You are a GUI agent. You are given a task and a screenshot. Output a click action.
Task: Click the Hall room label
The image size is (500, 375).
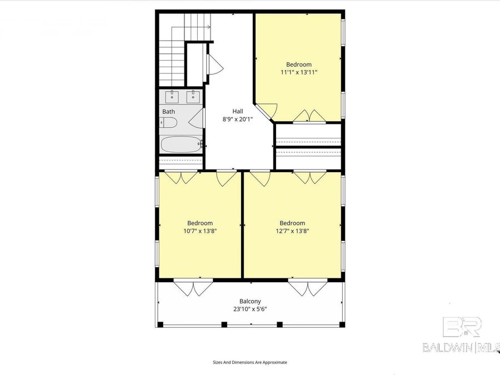click(x=237, y=111)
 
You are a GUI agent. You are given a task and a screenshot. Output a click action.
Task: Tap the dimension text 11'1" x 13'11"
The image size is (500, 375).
click(x=299, y=72)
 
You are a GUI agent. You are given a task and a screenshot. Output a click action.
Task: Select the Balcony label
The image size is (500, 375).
click(x=250, y=302)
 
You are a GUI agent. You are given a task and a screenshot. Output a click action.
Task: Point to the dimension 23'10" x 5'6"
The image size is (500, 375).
click(x=250, y=309)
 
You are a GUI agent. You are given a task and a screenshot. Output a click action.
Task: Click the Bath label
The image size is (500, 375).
click(x=168, y=112)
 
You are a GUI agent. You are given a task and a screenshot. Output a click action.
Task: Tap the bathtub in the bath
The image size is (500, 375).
click(x=181, y=144)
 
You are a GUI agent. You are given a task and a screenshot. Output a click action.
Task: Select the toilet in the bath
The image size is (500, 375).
click(x=169, y=123)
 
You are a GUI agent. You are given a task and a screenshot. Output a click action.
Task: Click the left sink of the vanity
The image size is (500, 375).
click(x=172, y=97)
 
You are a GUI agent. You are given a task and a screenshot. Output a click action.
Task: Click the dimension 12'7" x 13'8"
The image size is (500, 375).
click(x=292, y=231)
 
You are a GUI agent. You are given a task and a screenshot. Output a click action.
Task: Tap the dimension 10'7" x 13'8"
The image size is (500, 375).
click(x=199, y=231)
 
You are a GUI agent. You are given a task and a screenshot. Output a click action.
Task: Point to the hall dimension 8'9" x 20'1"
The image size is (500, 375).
click(x=237, y=119)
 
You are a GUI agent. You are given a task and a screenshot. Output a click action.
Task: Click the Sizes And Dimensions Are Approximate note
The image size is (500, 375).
click(x=250, y=362)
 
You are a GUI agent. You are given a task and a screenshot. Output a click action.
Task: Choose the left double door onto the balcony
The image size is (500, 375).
click(x=193, y=288)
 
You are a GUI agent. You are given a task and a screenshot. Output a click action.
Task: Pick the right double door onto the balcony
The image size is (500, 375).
click(x=305, y=288)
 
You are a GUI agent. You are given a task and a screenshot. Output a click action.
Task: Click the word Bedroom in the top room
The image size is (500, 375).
click(x=299, y=64)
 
